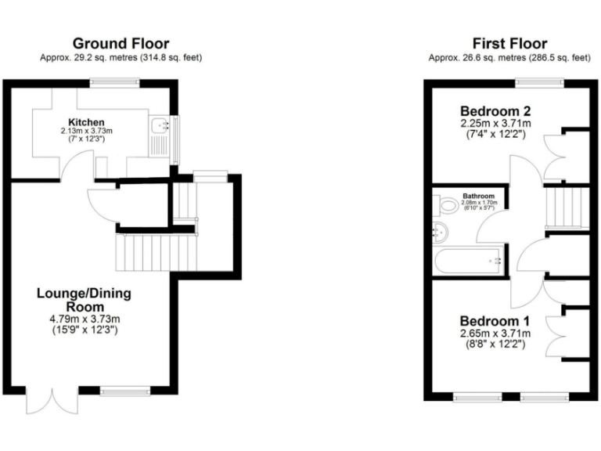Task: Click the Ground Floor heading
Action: click(121, 43)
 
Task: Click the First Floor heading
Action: click(509, 43)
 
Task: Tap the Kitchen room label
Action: click(86, 122)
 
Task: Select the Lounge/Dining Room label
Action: click(84, 301)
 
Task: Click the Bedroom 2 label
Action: click(495, 110)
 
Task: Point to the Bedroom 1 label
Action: click(495, 321)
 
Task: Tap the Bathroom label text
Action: click(477, 196)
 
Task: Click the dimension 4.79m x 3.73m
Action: click(84, 319)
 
